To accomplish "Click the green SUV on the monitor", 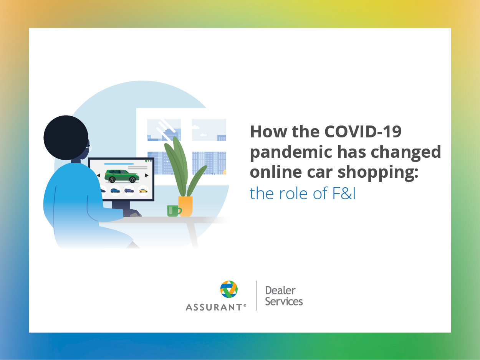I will [122, 176].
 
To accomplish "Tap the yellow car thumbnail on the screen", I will [143, 190].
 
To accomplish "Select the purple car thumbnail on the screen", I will [129, 190].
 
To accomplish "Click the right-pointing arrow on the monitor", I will [147, 175].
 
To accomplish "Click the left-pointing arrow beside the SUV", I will [98, 175].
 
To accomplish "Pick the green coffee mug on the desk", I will [173, 211].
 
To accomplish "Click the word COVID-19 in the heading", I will [363, 132].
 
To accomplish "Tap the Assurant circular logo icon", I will [229, 289].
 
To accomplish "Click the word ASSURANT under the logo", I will [215, 307].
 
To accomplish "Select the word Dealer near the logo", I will [280, 291].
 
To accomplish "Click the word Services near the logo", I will [284, 302].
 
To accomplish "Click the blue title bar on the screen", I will [119, 164].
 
